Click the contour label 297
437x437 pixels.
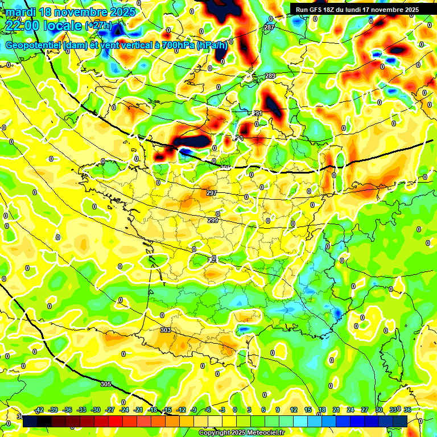click(212, 193)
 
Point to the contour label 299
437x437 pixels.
click(213, 220)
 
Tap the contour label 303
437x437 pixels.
click(166, 330)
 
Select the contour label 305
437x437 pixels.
click(106, 385)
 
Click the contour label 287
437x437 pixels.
click(269, 27)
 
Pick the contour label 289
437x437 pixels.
click(270, 76)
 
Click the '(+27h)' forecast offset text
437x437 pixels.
click(98, 26)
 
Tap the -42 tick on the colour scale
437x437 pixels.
click(39, 410)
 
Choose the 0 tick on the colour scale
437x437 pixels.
click(235, 410)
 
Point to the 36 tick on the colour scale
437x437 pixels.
click(407, 410)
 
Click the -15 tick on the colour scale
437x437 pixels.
click(167, 410)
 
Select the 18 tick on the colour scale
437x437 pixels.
click(322, 410)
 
